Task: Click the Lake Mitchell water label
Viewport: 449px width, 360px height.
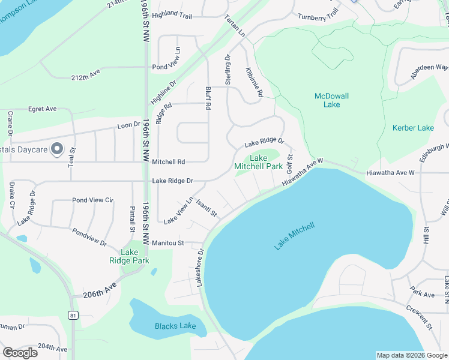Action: tap(295, 236)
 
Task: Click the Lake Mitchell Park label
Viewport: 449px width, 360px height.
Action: tap(258, 162)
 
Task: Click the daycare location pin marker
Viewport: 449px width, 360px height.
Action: tap(56, 149)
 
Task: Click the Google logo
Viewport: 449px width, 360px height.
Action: tap(20, 352)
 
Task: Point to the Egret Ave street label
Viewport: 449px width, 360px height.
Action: tap(42, 109)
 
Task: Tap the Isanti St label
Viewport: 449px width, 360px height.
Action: tap(206, 209)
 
